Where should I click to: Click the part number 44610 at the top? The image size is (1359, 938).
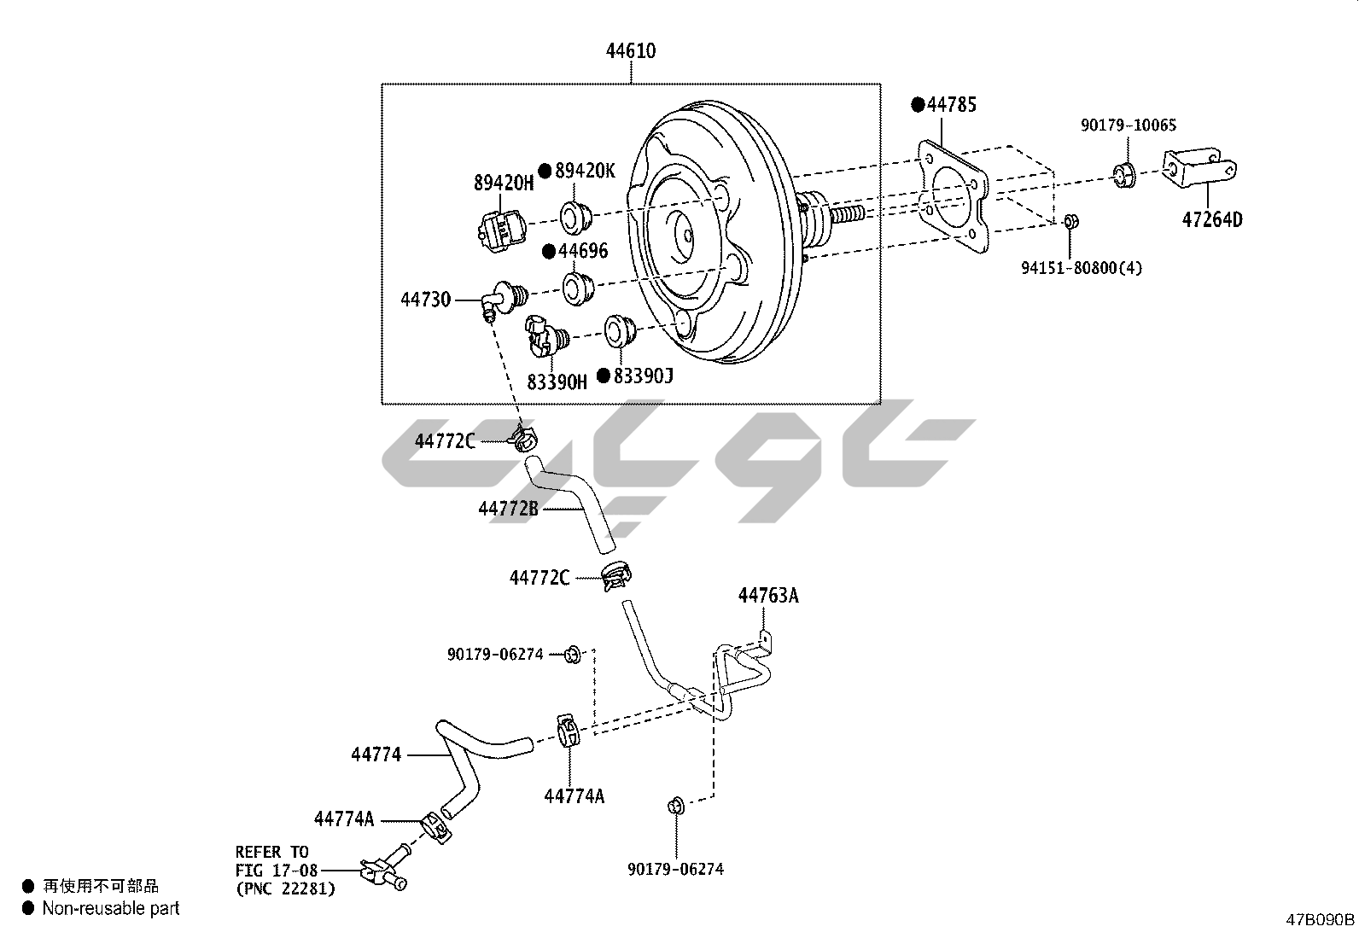point(631,51)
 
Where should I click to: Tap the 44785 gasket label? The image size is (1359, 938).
point(952,105)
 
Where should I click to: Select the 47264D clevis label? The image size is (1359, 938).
point(1211,219)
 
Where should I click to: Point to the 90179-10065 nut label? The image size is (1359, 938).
point(1128,125)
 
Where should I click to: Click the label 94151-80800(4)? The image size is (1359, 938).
point(1082,268)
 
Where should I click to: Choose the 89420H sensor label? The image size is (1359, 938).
point(504,182)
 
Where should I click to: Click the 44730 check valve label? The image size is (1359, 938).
point(426,300)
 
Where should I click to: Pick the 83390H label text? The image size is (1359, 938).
point(557,382)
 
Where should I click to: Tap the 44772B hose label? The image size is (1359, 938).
point(508,509)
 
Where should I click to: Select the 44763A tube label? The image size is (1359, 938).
point(768,596)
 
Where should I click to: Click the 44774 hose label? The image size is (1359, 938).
point(376,754)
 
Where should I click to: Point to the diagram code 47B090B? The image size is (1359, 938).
point(1321,920)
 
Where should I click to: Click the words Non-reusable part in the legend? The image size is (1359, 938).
point(111,908)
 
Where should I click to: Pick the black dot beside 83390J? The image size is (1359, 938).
point(604,376)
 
